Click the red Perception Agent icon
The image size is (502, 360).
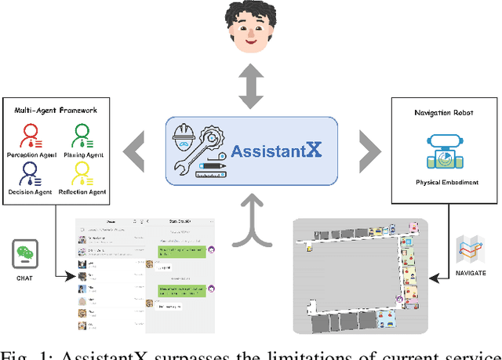click(x=31, y=134)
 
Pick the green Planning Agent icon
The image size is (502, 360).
click(x=79, y=134)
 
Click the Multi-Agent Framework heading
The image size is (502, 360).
click(x=56, y=111)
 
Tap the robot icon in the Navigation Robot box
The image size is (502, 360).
click(x=446, y=151)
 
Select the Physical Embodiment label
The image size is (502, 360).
click(x=446, y=182)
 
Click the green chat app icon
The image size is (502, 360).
click(x=26, y=254)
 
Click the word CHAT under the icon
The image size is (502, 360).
click(x=26, y=278)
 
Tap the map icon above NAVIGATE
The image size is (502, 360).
click(x=471, y=250)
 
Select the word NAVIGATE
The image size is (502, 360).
click(x=471, y=273)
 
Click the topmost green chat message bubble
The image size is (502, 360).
click(x=181, y=252)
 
